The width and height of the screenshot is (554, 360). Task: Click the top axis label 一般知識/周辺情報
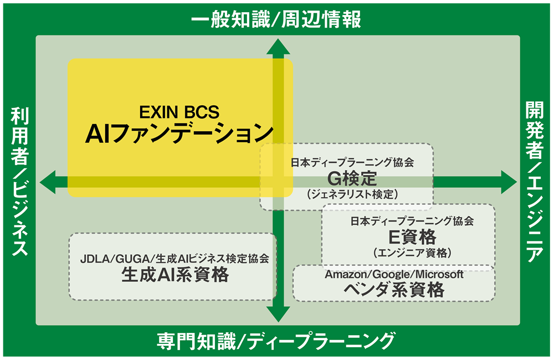pyautogui.click(x=276, y=19)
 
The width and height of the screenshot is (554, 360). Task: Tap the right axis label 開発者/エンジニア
pyautogui.click(x=535, y=181)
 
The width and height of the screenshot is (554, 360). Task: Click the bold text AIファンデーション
pyautogui.click(x=179, y=134)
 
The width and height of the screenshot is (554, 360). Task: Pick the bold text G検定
pyautogui.click(x=352, y=178)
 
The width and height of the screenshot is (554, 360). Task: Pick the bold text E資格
pyautogui.click(x=412, y=237)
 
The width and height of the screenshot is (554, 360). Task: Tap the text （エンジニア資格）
pyautogui.click(x=412, y=253)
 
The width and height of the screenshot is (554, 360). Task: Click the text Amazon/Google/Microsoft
pyautogui.click(x=394, y=274)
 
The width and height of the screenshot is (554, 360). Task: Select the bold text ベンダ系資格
pyautogui.click(x=394, y=289)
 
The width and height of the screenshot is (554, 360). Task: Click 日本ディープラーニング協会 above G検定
pyautogui.click(x=352, y=163)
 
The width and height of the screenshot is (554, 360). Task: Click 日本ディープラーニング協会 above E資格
pyautogui.click(x=412, y=222)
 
